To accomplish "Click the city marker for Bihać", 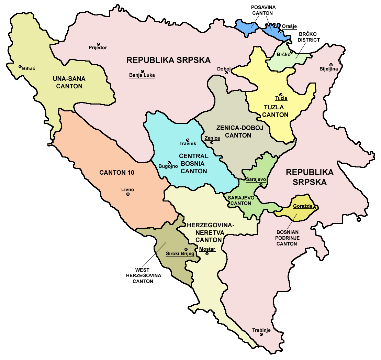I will pos(20,66).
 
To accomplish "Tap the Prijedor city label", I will pos(98,48).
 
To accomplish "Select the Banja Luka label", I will pos(142,75).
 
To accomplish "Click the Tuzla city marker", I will pos(281,95).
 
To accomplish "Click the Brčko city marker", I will pos(291,52).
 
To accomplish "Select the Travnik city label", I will pos(188,144).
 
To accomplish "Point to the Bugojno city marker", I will pos(169,163).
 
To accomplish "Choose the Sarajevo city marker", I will pos(261,185).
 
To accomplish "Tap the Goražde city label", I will pos(303,207).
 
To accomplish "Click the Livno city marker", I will pos(128,194).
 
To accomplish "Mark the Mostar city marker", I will pos(207,254).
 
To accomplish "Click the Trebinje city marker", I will pos(261,334).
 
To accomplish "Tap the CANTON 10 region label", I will pos(117,173).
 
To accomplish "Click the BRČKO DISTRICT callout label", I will pos(309,37).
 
